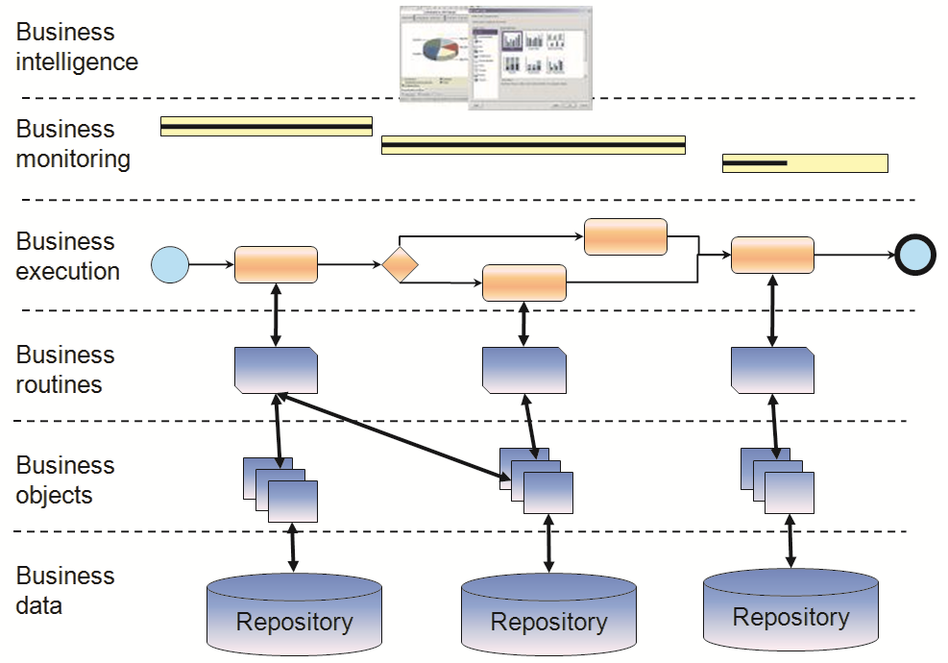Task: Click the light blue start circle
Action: coord(170,264)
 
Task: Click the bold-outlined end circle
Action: coord(915,256)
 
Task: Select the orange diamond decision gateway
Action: coord(400,264)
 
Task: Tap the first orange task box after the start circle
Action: coord(276,264)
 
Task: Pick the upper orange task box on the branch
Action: coord(625,236)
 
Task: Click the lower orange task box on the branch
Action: coord(523,282)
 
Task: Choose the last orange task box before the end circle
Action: coord(772,255)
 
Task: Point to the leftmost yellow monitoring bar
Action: coord(266,126)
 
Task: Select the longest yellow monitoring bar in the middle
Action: coord(533,145)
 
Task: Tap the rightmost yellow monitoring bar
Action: coord(805,163)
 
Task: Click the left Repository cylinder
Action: coord(294,615)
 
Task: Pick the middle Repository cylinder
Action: coord(548,616)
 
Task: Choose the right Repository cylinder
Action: coord(790,611)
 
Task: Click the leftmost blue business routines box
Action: coord(276,370)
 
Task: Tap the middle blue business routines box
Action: coord(523,370)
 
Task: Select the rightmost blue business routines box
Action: coord(772,370)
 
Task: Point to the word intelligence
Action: coord(77,62)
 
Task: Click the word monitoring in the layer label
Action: coord(73,159)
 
